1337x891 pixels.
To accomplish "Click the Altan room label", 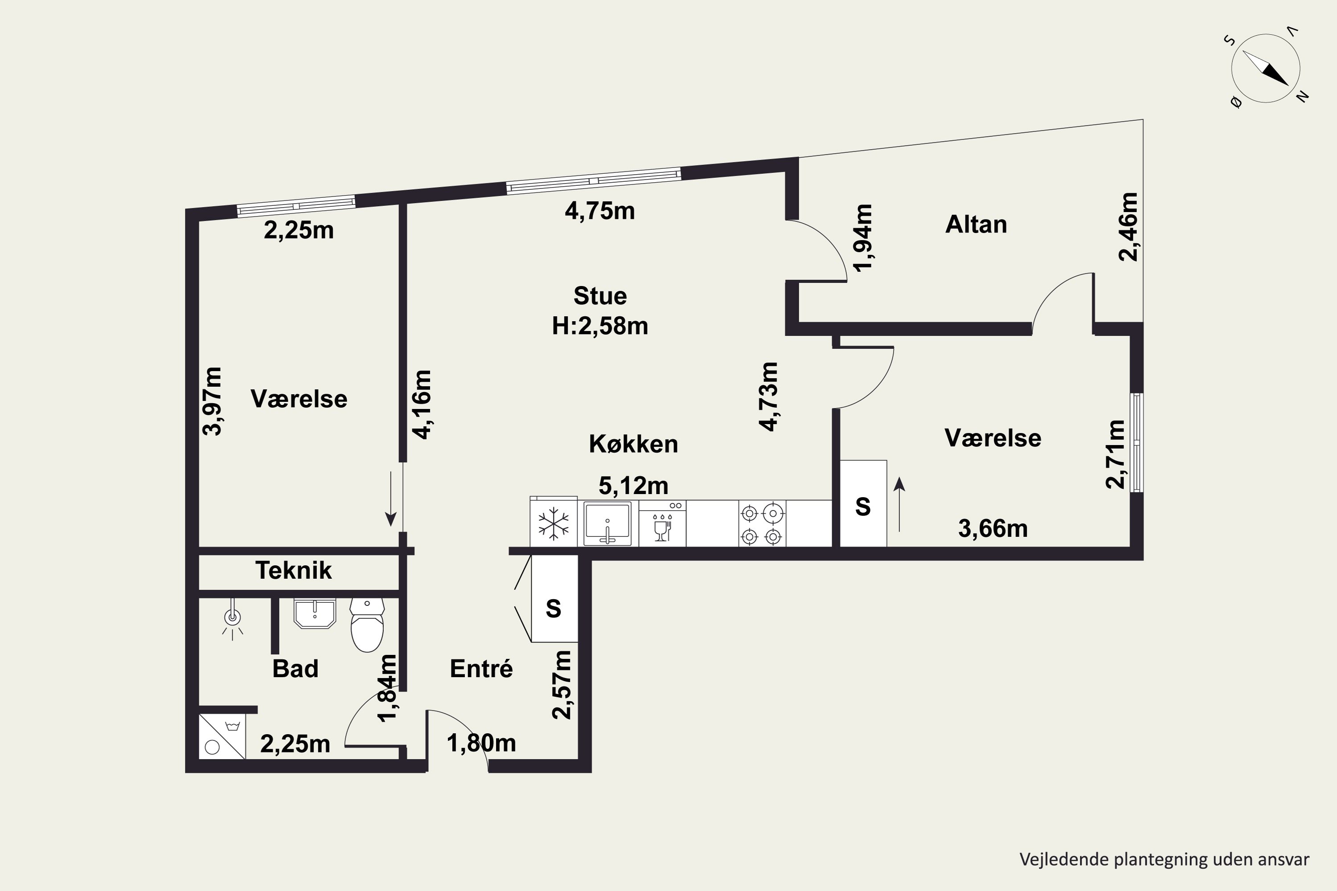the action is (976, 225).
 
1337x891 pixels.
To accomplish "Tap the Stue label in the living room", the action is (600, 296).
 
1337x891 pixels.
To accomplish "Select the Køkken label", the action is (633, 444).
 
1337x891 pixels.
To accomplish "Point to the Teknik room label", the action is (293, 570).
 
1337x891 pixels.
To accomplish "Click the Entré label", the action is (481, 669).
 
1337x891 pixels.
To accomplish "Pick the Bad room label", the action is (295, 669).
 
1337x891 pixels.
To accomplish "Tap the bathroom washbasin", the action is (314, 613).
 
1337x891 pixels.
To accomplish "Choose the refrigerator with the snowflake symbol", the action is (554, 522).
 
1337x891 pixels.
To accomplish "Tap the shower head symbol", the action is (232, 618).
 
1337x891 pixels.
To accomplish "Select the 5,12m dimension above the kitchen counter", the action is (633, 486).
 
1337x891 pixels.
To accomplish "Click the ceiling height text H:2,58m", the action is (600, 326).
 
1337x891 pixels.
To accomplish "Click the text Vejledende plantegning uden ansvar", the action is (1164, 860).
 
